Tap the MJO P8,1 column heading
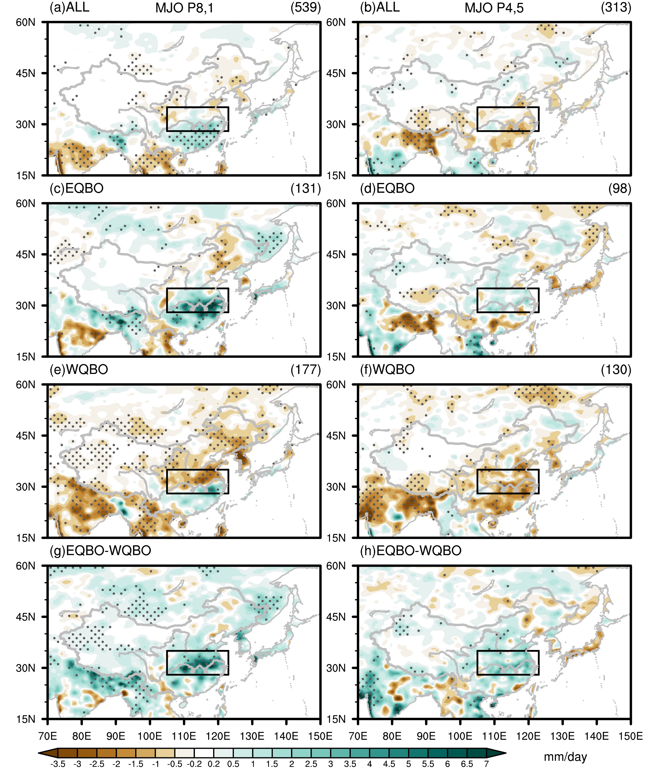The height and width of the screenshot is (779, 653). tap(185, 8)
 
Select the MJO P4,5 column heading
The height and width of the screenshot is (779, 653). tap(494, 8)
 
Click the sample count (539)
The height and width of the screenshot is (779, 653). tap(306, 7)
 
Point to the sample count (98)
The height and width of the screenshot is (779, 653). tap(619, 188)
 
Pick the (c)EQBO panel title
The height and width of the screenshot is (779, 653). tap(76, 188)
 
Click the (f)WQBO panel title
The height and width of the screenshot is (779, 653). tap(387, 369)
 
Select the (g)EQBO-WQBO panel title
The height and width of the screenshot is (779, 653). tap(100, 551)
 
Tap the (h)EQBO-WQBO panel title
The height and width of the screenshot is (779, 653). tap(411, 551)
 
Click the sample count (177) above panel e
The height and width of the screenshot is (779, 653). tap(306, 369)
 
